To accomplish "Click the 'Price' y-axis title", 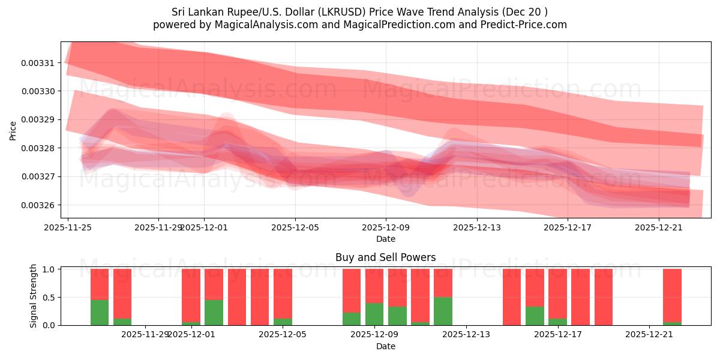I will [x=13, y=130].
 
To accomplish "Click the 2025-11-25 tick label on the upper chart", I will [x=68, y=227].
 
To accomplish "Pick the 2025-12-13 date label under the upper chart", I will [x=476, y=227].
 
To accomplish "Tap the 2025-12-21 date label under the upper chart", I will [x=659, y=227].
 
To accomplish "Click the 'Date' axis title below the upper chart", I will [x=385, y=239].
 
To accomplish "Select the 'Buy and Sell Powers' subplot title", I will [x=385, y=258].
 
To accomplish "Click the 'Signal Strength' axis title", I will [x=34, y=296].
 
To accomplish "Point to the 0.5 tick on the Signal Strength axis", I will [x=50, y=298].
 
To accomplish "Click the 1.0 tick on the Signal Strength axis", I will [x=50, y=269].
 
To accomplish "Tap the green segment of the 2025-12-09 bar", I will [x=374, y=314].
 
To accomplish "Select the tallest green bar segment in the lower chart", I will [x=443, y=311].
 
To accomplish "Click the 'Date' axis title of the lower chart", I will [x=385, y=346].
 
